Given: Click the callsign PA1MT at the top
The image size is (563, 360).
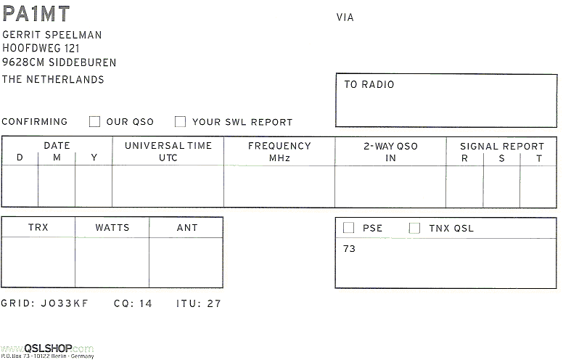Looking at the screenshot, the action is click(x=36, y=14).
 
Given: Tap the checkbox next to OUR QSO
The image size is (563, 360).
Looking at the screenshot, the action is click(x=94, y=121).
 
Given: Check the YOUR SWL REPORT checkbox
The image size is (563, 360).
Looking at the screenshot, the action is click(x=180, y=121).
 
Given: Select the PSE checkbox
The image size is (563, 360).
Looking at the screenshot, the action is click(x=349, y=228).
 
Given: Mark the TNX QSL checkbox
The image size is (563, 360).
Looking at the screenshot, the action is click(x=414, y=228).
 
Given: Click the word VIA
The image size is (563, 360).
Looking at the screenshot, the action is click(x=345, y=17).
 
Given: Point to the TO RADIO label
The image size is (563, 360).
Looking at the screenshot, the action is click(x=369, y=84).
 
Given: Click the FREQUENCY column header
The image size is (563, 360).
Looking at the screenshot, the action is click(x=279, y=146).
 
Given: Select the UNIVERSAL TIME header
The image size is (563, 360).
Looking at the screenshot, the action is click(x=168, y=145).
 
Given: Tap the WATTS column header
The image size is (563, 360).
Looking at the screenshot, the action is click(x=112, y=227).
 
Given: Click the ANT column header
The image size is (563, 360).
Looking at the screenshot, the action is click(x=187, y=227).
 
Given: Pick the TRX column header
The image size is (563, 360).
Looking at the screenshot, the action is click(x=38, y=227).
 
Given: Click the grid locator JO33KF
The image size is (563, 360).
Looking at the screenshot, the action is click(x=65, y=303).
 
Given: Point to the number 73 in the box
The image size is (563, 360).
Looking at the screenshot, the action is click(x=349, y=249).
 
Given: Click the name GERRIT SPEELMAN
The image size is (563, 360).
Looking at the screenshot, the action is click(x=52, y=35).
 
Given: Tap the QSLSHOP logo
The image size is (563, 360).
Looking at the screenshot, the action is click(x=47, y=349).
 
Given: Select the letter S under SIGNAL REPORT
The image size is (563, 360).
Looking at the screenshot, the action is click(x=501, y=158).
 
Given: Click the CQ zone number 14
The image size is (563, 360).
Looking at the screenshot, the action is click(x=146, y=303).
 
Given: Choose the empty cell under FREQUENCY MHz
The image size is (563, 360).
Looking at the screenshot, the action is click(x=279, y=186).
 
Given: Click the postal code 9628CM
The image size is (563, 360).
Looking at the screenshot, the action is click(x=23, y=62).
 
